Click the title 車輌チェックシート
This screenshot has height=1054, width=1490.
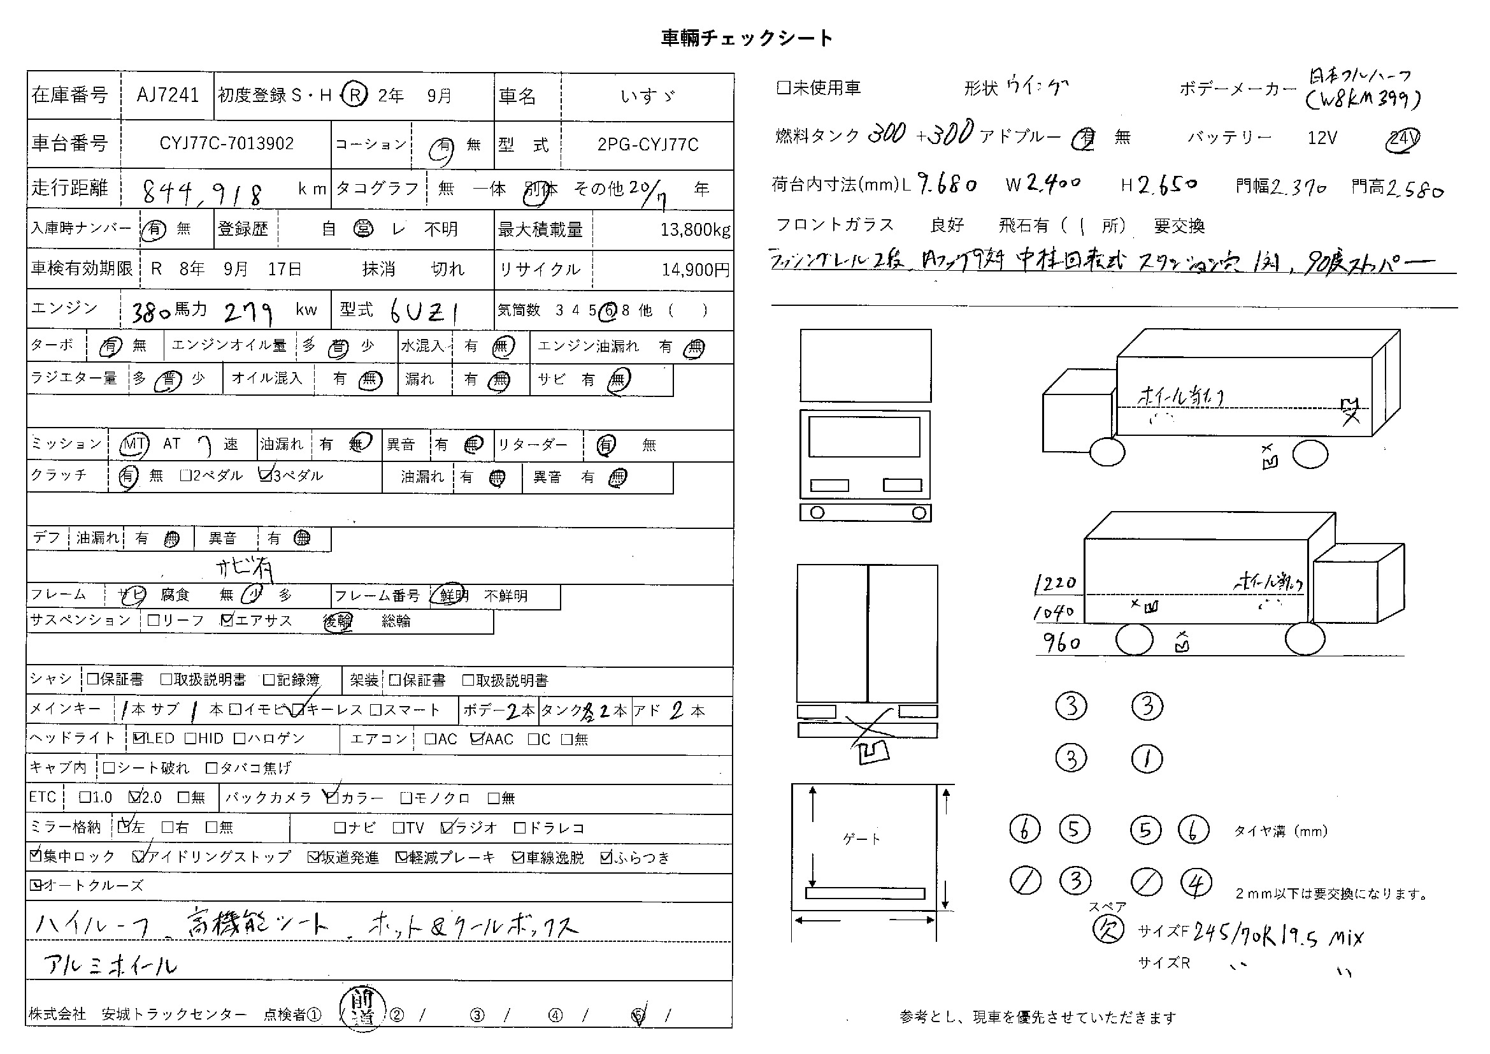click(747, 38)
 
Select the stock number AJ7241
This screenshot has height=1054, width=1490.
click(168, 96)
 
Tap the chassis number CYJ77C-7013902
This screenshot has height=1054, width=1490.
click(227, 143)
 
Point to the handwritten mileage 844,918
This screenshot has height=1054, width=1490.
click(203, 192)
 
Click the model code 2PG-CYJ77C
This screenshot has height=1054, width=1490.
click(648, 145)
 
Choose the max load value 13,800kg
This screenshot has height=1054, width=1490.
click(694, 230)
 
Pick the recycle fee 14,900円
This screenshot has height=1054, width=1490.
click(696, 270)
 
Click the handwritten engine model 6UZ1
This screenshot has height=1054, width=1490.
click(425, 312)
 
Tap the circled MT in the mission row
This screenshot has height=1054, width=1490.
click(134, 445)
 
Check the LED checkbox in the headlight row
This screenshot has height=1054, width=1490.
click(138, 738)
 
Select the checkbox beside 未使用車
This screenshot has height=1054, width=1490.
click(784, 87)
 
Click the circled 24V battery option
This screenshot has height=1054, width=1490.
click(1402, 139)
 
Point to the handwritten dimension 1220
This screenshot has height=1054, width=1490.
click(1055, 584)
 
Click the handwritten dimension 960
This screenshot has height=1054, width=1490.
click(1062, 643)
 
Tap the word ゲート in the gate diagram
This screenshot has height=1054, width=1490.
click(861, 839)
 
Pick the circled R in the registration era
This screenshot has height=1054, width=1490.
click(355, 96)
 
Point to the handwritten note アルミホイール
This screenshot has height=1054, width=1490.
click(110, 965)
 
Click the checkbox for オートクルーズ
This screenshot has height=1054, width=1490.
click(35, 884)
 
